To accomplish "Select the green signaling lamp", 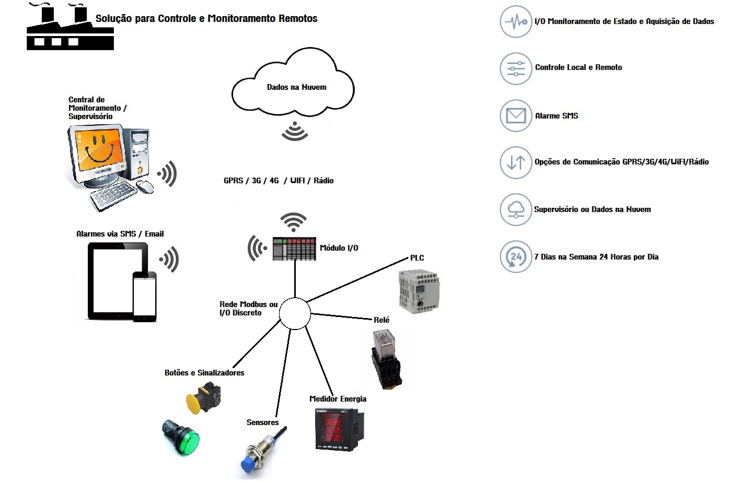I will point(181,437).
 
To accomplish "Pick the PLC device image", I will point(419,291).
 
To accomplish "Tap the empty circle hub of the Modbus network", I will point(295,314).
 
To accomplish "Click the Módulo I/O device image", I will point(294,249).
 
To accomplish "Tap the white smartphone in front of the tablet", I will point(144,296).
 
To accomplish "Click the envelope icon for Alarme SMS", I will point(516,116).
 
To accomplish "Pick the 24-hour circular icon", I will point(516,257).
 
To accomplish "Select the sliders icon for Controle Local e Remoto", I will point(516,68).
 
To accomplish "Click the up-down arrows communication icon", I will point(516,162).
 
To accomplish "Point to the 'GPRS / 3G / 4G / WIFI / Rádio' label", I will point(279,181).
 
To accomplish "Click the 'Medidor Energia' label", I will point(338,399).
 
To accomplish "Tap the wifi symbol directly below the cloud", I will point(295,132).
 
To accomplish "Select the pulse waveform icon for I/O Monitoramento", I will point(516,22).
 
